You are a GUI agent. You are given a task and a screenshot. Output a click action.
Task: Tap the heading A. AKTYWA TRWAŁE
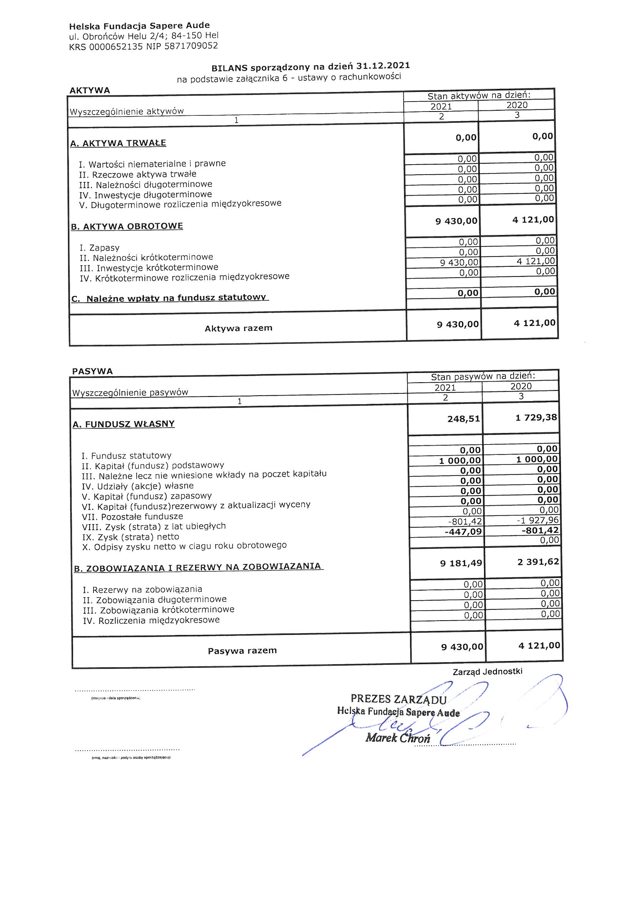click(x=118, y=143)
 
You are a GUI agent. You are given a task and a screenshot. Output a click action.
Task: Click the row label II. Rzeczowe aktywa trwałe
click(x=137, y=174)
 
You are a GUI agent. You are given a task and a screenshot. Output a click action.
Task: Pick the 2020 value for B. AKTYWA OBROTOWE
click(x=533, y=220)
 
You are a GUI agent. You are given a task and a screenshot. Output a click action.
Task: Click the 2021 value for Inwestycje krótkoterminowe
click(x=459, y=263)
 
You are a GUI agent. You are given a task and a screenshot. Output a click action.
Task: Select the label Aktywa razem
click(x=238, y=328)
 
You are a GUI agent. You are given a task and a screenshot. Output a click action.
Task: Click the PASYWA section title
click(x=92, y=371)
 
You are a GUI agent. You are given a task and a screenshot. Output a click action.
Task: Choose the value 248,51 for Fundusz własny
click(x=464, y=419)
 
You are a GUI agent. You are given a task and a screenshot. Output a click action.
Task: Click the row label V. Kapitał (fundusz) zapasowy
click(x=147, y=496)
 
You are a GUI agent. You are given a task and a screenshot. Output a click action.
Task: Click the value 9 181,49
click(x=461, y=563)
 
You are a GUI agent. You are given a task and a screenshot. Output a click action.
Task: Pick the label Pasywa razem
click(x=242, y=650)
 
